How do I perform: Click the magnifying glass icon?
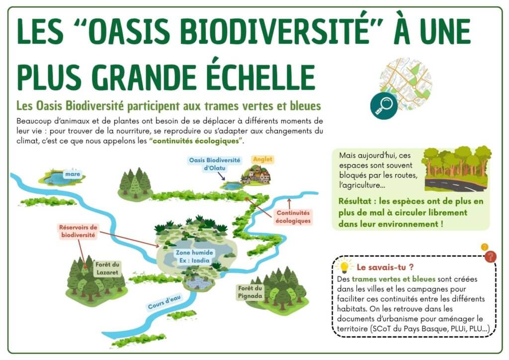coord(384,106)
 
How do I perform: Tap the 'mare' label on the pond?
coord(73,174)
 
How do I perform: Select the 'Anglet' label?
coord(262,160)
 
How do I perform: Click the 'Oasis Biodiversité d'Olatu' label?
coord(215,164)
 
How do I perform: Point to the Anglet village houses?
coord(256,175)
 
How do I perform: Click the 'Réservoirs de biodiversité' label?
coord(78,231)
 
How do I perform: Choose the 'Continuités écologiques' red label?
coord(293,217)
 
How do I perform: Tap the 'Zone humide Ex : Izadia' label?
coord(194,257)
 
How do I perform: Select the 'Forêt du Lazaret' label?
coord(107,269)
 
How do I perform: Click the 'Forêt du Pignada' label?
coord(250,292)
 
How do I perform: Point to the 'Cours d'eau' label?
coord(164,302)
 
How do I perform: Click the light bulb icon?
coord(344,267)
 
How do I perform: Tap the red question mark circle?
coord(490,257)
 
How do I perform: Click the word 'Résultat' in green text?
coord(355,201)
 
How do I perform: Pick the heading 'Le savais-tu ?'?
coord(385,267)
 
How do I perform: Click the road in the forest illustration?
coord(456,185)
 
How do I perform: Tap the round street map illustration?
coord(406,84)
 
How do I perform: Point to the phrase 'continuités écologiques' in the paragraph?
coord(196,141)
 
